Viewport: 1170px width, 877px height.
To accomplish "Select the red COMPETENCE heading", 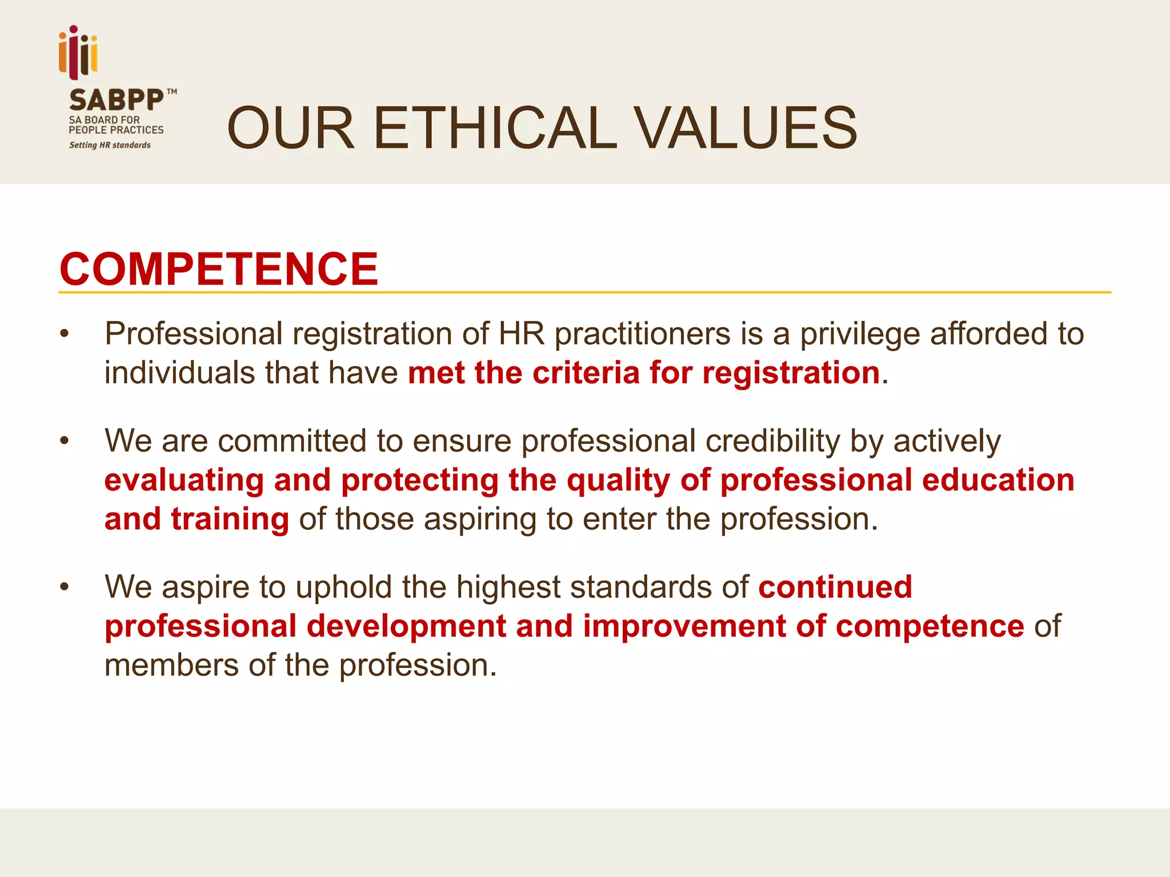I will (219, 269).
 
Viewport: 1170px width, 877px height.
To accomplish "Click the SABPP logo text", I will (116, 100).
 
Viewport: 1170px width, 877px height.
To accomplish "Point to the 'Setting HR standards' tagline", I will (110, 145).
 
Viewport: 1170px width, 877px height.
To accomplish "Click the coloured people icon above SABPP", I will (78, 52).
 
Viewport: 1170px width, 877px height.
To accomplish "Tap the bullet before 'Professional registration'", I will (65, 334).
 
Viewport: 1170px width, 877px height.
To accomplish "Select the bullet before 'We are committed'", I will (65, 441).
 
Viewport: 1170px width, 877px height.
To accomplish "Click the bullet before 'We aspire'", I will (65, 587).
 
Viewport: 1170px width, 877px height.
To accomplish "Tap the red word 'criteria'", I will (585, 373).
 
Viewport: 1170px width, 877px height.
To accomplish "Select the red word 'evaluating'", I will (184, 480).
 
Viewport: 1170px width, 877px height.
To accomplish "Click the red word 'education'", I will (998, 480).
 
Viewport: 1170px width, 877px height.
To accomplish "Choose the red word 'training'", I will (230, 519).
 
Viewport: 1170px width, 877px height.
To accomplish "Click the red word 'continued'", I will (835, 587).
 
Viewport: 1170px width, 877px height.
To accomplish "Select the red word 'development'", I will (406, 626).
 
